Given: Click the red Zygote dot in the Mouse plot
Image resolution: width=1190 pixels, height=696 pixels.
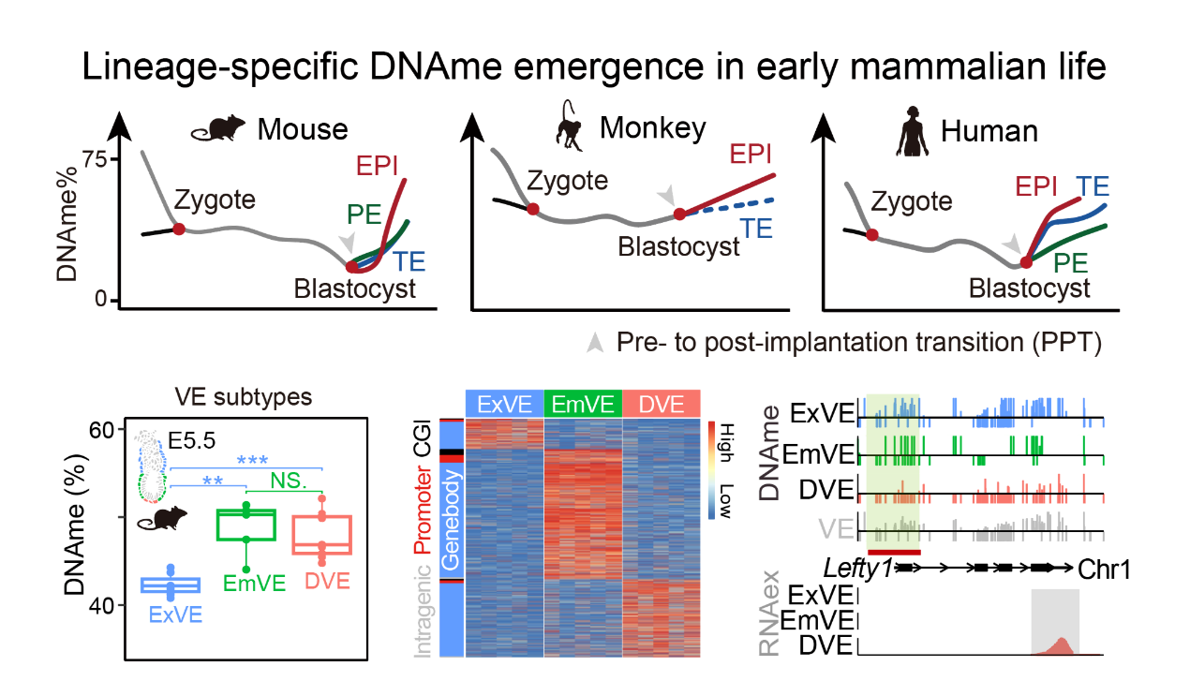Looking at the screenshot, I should (178, 229).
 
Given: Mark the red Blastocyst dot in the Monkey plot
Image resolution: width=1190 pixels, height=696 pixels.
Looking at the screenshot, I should (680, 214).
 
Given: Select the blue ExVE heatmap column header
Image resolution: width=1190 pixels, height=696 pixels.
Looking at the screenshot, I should (504, 405).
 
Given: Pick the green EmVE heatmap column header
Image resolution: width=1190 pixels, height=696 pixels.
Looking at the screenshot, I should (582, 405).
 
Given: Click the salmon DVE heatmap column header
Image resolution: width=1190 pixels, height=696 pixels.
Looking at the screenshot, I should (661, 405).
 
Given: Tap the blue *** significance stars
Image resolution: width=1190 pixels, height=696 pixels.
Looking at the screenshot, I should (252, 460).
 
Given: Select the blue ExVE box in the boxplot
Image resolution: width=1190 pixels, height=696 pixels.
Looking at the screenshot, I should (171, 585).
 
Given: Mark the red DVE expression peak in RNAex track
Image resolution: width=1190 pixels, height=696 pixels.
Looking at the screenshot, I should (1061, 645).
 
